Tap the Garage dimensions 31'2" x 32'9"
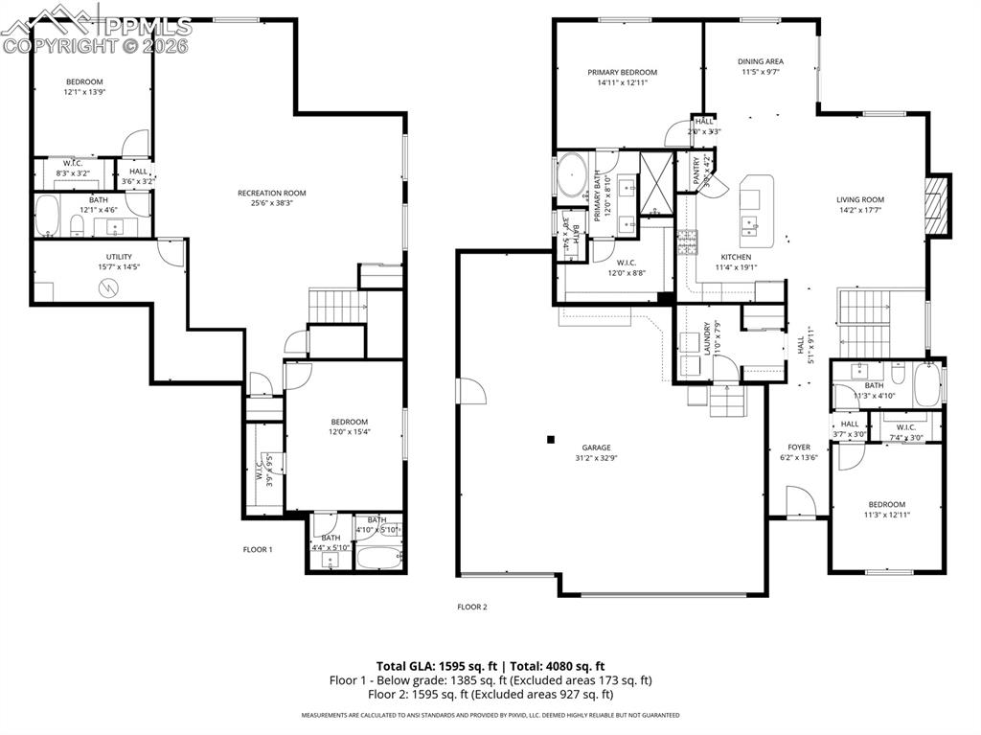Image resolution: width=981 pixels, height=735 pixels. (595, 459)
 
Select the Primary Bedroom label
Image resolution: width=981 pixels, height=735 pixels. (622, 72)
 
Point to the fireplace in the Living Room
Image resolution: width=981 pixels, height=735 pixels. (938, 205)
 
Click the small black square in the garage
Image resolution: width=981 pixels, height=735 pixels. (551, 440)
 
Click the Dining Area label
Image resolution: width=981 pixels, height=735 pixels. (761, 60)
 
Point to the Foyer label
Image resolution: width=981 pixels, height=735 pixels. (799, 448)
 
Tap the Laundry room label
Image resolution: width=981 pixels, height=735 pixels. (707, 338)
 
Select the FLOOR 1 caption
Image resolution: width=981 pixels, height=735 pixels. (257, 549)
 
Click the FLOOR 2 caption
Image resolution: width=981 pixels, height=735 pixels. (472, 607)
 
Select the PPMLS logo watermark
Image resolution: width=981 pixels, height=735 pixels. (96, 27)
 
